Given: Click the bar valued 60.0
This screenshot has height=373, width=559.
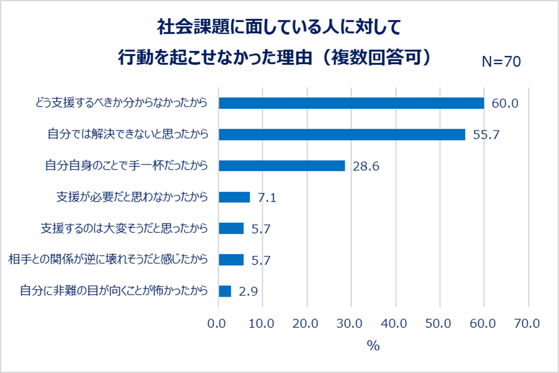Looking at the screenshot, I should (x=351, y=103).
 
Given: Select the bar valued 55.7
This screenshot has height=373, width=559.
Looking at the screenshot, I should (x=342, y=135).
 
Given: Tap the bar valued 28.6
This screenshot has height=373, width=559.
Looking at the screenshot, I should (x=282, y=166).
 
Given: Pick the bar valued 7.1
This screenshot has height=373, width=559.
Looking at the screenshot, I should (x=234, y=197).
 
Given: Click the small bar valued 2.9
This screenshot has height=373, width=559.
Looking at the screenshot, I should (x=225, y=291).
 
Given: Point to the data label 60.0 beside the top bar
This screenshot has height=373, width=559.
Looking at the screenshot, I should (x=505, y=103).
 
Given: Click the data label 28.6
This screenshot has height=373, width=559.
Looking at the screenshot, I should (x=366, y=166).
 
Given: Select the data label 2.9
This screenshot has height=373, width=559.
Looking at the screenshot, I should (x=248, y=291).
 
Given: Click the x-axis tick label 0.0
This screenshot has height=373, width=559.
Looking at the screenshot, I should (x=219, y=324).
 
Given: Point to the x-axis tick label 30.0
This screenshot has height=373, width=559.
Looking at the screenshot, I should (x=352, y=324).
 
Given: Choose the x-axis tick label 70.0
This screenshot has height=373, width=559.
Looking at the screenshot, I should (x=528, y=324).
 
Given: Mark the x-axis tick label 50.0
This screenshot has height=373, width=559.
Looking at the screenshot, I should (x=440, y=324).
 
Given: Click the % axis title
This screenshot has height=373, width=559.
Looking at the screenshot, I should (x=373, y=346).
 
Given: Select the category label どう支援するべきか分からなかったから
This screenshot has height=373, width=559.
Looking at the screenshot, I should (x=120, y=103).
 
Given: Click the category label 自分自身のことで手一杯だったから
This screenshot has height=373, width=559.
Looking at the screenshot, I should (x=126, y=166).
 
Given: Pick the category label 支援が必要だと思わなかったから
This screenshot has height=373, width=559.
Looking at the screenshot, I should (x=132, y=197).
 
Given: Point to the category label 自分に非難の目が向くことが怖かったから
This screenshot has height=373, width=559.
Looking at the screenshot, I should (x=114, y=291).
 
